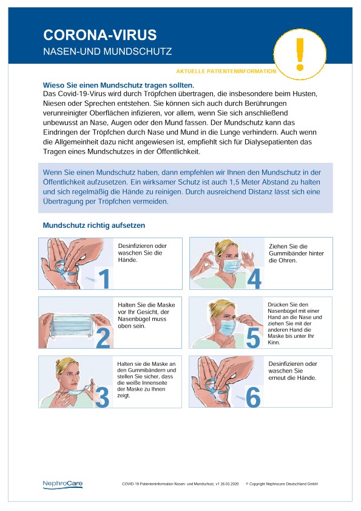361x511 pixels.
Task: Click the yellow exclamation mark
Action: pos(300,53)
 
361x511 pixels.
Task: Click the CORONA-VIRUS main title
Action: pos(100,35)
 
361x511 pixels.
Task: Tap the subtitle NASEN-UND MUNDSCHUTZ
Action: pos(107,51)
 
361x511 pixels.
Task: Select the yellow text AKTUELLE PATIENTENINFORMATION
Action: pos(226,71)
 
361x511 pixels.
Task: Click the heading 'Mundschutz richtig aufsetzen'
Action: pos(94,225)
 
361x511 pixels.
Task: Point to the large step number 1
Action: pos(104,278)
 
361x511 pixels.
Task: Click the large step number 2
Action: pos(103,338)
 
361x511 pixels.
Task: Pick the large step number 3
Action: pos(102,397)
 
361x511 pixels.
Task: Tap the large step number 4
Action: pos(254,279)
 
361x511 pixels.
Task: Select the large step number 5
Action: pos(253,338)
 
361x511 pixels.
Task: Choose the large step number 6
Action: pos(253,397)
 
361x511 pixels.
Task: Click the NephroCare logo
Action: pos(62,484)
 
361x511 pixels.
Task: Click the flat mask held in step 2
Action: pos(72,325)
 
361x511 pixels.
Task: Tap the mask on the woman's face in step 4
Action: pos(231,266)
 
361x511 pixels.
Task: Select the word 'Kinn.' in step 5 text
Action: pos(274,342)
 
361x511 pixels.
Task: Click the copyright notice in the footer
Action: pos(282,484)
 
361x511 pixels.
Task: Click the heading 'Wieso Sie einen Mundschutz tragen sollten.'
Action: pos(118,86)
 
